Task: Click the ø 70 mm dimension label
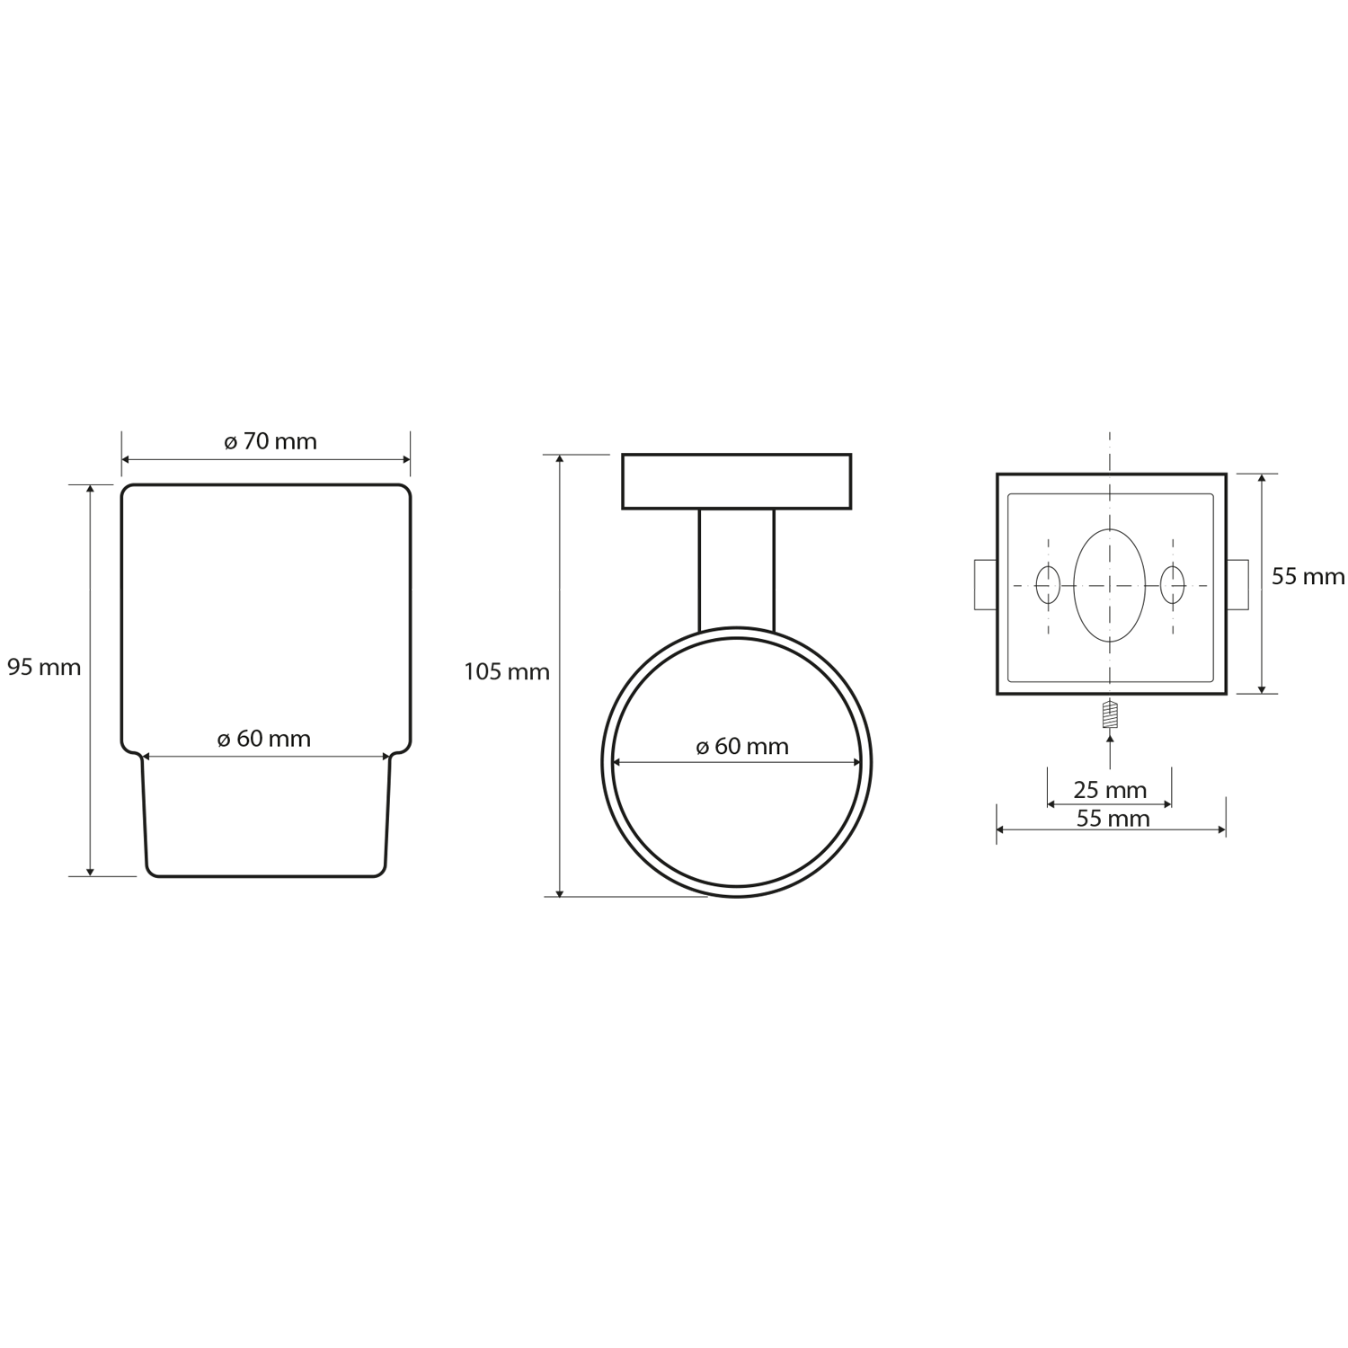(270, 442)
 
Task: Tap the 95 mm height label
(44, 668)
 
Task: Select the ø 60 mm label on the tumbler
(264, 739)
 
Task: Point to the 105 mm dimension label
(507, 672)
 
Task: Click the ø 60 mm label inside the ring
(742, 747)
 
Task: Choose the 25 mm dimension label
(1110, 790)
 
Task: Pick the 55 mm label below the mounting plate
(1113, 819)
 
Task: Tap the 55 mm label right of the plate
(1308, 577)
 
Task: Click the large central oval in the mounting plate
(1110, 586)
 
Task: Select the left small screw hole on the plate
(1048, 586)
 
